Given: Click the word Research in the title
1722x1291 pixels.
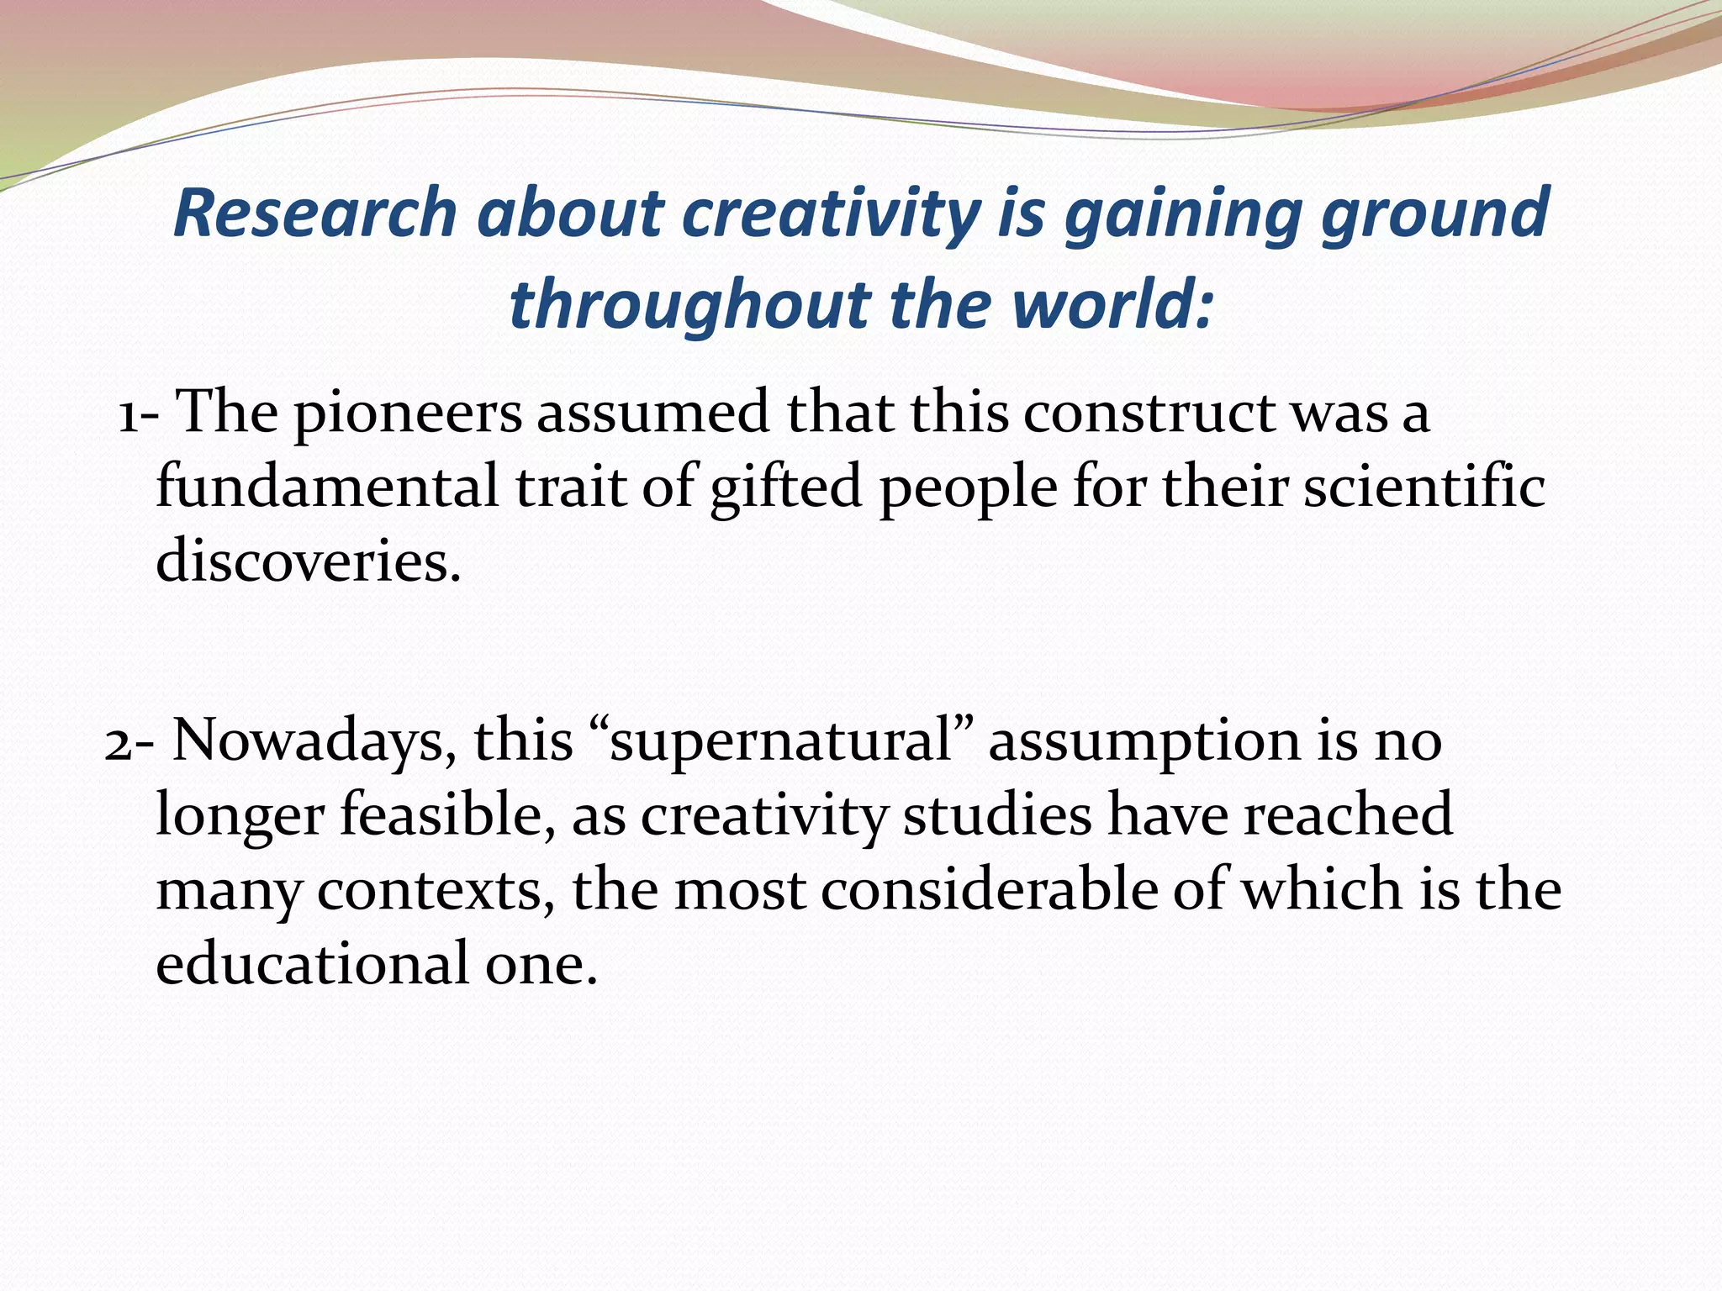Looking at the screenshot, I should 314,213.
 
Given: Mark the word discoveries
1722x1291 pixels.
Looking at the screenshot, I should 308,561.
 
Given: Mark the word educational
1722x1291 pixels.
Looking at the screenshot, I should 312,963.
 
